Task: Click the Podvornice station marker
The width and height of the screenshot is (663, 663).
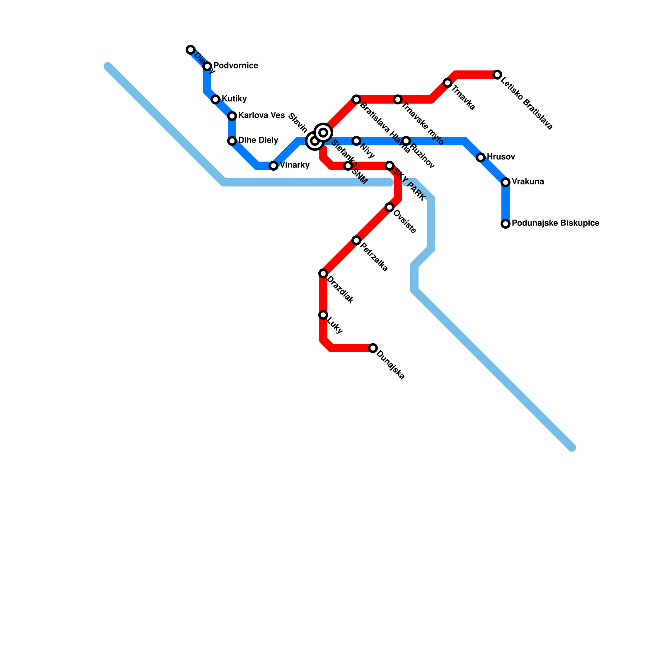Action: [x=207, y=66]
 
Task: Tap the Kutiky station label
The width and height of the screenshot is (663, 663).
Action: [x=234, y=99]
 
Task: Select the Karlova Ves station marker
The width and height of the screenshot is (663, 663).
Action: [x=232, y=116]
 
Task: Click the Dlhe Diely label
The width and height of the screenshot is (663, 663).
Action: [x=258, y=140]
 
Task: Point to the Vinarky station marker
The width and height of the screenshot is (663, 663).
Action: [x=273, y=166]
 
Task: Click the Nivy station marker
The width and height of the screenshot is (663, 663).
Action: [x=356, y=141]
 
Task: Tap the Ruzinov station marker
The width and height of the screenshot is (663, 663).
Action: [x=406, y=141]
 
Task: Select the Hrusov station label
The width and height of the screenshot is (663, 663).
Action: [x=501, y=157]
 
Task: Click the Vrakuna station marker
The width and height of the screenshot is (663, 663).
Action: [x=506, y=182]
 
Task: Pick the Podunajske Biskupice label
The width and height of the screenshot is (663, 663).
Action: [x=555, y=223]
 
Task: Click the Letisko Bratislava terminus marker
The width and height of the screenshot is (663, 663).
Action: [x=497, y=75]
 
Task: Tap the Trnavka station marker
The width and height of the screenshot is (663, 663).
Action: [x=448, y=83]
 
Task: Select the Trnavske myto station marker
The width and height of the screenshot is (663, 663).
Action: [x=398, y=99]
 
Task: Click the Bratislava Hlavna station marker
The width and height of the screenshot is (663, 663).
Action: [x=356, y=99]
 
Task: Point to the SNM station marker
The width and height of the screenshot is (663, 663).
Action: [x=348, y=166]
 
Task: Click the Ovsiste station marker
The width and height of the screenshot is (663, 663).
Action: [x=390, y=207]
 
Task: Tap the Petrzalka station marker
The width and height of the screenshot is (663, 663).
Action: [x=356, y=240]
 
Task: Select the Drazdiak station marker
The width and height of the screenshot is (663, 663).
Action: [x=323, y=273]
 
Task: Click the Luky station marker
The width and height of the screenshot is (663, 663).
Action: [x=323, y=315]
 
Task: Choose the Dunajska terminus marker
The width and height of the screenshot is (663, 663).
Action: [x=373, y=348]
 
